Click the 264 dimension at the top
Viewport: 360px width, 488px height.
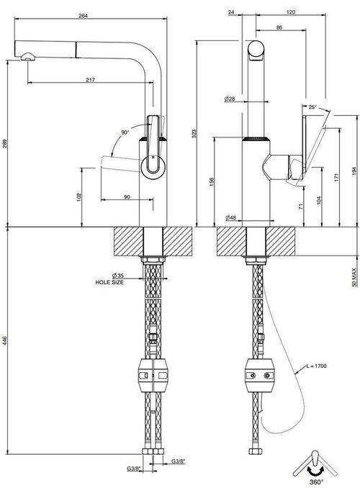pyautogui.click(x=83, y=15)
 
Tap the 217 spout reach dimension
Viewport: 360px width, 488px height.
pyautogui.click(x=90, y=80)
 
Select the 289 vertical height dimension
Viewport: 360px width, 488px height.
pyautogui.click(x=5, y=143)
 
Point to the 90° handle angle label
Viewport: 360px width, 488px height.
pyautogui.click(x=125, y=132)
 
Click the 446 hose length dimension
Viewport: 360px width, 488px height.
pyautogui.click(x=4, y=340)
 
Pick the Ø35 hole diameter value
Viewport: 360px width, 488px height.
pyautogui.click(x=117, y=276)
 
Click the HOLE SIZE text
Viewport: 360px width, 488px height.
pyautogui.click(x=109, y=282)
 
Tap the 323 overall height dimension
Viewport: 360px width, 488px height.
pyautogui.click(x=194, y=133)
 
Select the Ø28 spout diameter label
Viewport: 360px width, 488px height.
pyautogui.click(x=230, y=99)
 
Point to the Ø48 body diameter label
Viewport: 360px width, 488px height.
pyautogui.click(x=231, y=218)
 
